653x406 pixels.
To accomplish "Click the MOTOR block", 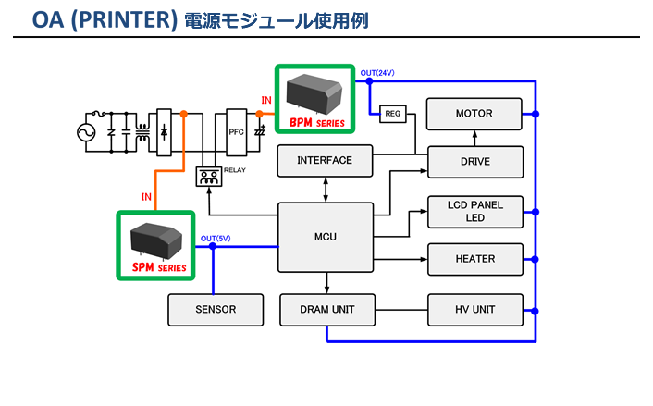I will pyautogui.click(x=474, y=114).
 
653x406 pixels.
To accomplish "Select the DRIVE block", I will pyautogui.click(x=474, y=161).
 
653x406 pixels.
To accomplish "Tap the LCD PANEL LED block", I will pyautogui.click(x=474, y=211).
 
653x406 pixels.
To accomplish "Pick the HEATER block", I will pyautogui.click(x=474, y=259).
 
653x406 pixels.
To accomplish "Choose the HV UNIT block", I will pyautogui.click(x=474, y=309).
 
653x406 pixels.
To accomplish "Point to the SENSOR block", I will pyautogui.click(x=215, y=309).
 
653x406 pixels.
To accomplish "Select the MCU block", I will pyautogui.click(x=325, y=237).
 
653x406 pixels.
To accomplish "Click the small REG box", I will pyautogui.click(x=392, y=113).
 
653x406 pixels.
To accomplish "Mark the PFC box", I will pyautogui.click(x=236, y=133).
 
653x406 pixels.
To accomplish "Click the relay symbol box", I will pyautogui.click(x=209, y=177).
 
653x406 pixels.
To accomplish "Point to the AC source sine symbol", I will pyautogui.click(x=88, y=133).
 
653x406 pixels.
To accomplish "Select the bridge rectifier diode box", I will pyautogui.click(x=164, y=133).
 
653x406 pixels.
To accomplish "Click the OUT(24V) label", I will pyautogui.click(x=377, y=73).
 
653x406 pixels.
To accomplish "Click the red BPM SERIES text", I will pyautogui.click(x=316, y=121).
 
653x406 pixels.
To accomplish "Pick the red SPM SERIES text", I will pyautogui.click(x=158, y=267).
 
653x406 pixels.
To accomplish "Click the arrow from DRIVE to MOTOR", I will pyautogui.click(x=474, y=138).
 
